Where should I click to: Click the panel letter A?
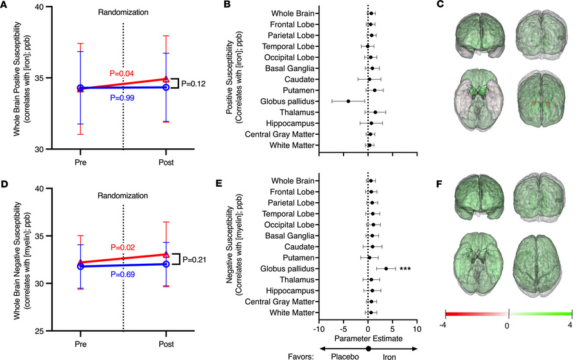click(4, 5)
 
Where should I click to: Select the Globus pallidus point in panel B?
click(348, 101)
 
